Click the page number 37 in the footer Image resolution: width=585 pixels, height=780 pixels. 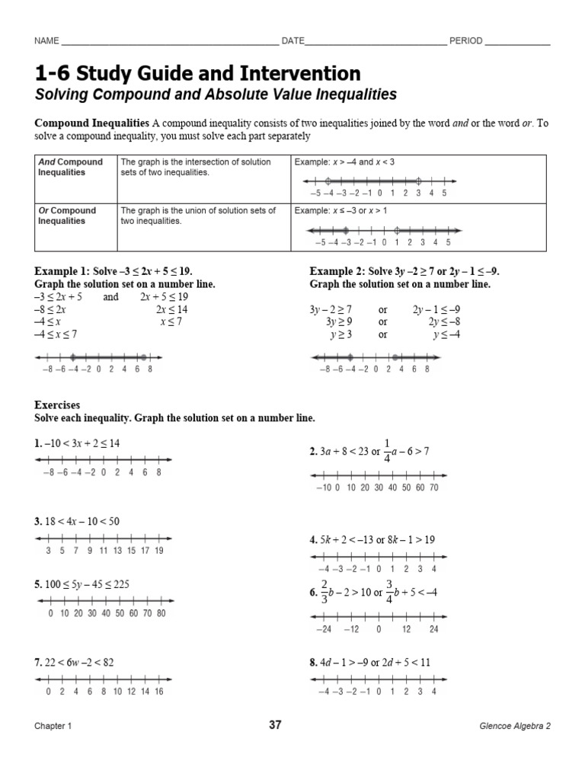(x=275, y=725)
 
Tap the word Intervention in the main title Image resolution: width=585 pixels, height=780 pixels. (x=298, y=74)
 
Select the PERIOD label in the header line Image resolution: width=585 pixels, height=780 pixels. (x=465, y=41)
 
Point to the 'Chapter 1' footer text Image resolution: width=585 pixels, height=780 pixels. (x=53, y=727)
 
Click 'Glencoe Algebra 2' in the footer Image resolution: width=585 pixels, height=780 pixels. (x=510, y=727)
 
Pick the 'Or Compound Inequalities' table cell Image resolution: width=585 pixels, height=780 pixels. (x=68, y=216)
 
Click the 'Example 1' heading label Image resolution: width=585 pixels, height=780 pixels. (x=60, y=271)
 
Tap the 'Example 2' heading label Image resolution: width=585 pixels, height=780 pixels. (x=335, y=271)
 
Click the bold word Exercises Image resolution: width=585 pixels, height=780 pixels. (x=57, y=406)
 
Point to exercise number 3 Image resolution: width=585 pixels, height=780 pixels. (x=37, y=522)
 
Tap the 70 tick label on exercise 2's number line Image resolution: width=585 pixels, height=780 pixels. (x=433, y=487)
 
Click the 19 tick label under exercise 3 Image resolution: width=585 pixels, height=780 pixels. (x=158, y=550)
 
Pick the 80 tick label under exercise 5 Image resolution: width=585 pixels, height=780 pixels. (x=161, y=612)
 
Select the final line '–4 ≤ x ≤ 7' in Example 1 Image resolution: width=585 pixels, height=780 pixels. (x=56, y=334)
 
